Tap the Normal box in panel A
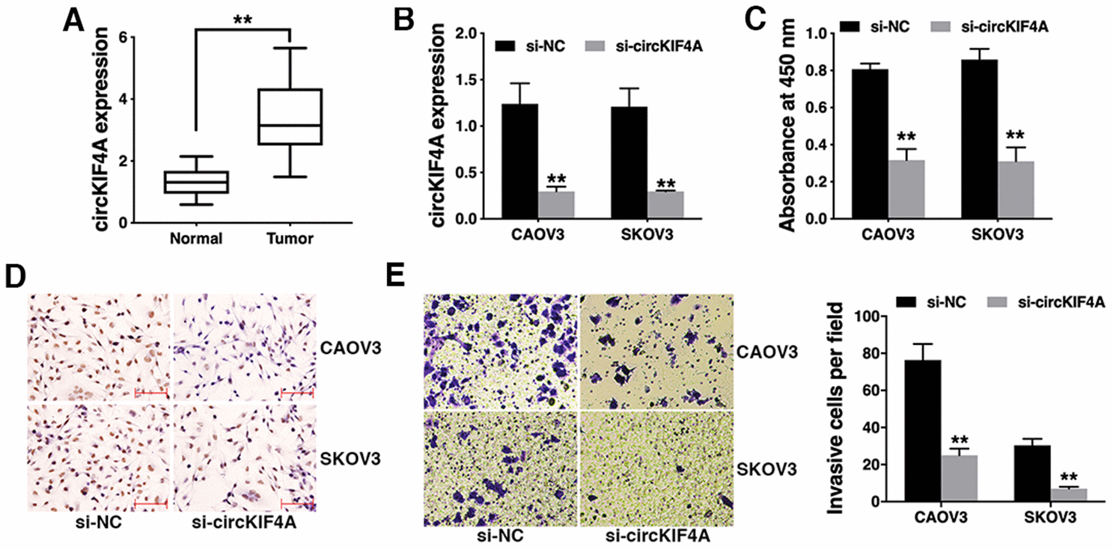196,183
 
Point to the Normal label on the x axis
196,239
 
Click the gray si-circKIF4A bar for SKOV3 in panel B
660,205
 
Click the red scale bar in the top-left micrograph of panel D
150,393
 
